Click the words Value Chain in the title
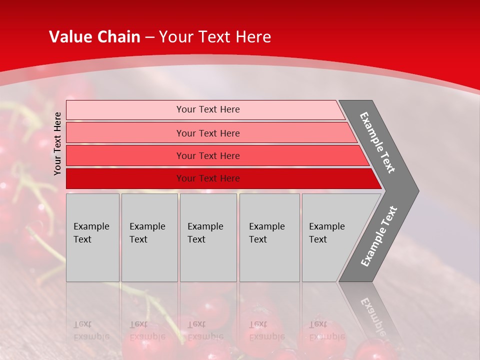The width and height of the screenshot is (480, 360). point(94,37)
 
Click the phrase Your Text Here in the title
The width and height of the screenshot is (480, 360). point(215,37)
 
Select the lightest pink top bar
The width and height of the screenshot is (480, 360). point(125,110)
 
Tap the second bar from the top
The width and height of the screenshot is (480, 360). point(125,133)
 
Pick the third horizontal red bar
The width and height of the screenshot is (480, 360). point(125,155)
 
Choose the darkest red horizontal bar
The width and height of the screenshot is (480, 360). point(125,178)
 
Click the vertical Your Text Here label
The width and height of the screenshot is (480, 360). point(57,143)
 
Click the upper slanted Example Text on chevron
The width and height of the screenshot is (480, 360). point(377,142)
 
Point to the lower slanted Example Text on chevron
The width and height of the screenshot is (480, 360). point(378,236)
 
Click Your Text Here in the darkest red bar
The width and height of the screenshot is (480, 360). point(208,178)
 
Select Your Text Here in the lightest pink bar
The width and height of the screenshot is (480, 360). point(208,109)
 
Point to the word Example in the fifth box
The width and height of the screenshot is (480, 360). point(327,226)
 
